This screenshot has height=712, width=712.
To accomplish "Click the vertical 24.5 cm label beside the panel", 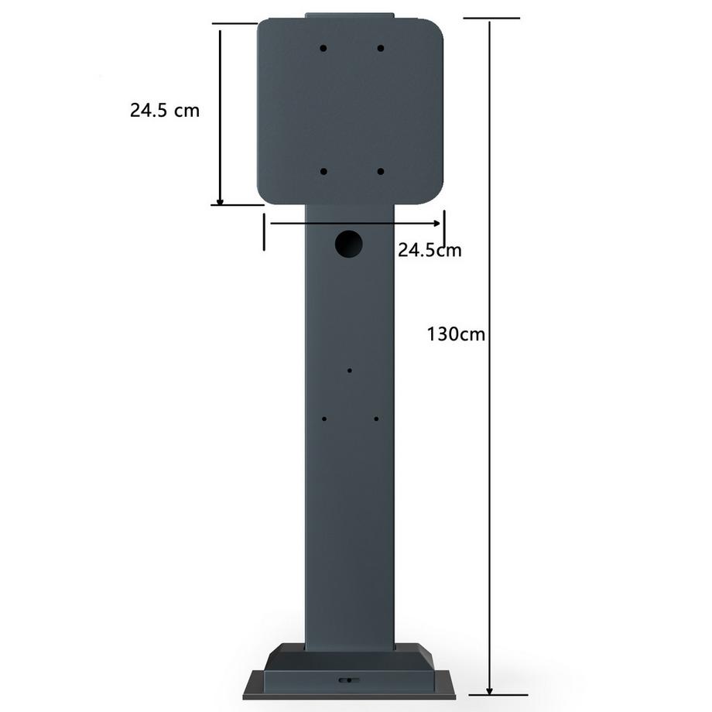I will [164, 110].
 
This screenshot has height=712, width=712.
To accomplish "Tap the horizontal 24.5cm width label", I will [430, 249].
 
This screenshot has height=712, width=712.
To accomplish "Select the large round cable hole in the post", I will [349, 243].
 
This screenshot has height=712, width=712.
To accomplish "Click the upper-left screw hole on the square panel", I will [323, 48].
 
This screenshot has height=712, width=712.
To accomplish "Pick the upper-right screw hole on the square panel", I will [381, 48].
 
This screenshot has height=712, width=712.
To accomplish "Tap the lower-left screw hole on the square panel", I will [323, 172].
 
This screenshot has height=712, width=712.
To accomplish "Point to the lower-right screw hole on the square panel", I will [381, 172].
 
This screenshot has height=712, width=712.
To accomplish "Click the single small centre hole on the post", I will [350, 371].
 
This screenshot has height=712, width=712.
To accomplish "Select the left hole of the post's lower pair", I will [324, 419].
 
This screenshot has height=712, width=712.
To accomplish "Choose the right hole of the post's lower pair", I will [376, 419].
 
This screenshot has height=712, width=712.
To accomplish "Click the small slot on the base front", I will [347, 680].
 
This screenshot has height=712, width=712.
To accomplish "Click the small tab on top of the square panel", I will [349, 15].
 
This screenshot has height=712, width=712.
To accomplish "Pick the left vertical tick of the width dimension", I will [265, 232].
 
